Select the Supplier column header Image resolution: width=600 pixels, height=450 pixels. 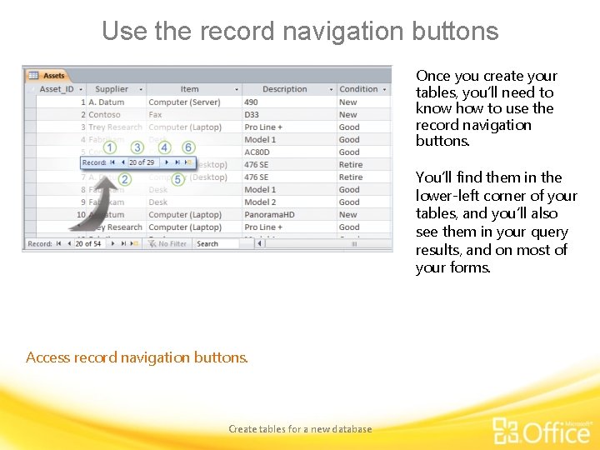click(x=112, y=89)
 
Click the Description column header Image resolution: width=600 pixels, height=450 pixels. click(x=285, y=89)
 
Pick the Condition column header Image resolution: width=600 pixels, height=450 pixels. click(x=359, y=89)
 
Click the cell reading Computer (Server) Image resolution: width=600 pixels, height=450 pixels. click(x=184, y=102)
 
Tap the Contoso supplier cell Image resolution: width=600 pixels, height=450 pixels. click(x=104, y=114)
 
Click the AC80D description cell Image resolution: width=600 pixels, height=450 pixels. click(x=257, y=152)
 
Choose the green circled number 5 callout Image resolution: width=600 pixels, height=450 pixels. click(x=178, y=179)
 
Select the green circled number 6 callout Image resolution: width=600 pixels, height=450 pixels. click(x=188, y=147)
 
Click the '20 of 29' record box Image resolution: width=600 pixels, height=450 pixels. click(x=142, y=162)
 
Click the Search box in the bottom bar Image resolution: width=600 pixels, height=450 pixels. click(x=216, y=243)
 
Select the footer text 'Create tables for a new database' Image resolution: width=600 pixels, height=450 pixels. click(x=300, y=429)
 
